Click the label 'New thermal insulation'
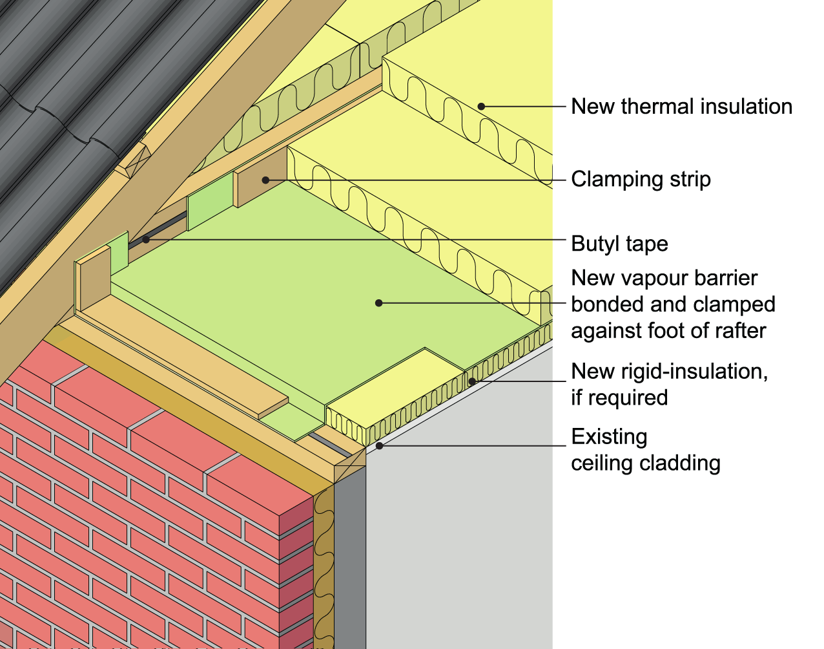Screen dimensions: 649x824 681,107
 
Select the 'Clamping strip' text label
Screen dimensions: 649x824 641,179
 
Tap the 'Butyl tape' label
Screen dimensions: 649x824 619,244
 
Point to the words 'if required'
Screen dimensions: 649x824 619,398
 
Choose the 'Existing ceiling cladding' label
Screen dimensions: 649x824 645,450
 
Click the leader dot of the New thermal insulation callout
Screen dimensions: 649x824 481,107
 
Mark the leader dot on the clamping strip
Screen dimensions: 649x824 265,180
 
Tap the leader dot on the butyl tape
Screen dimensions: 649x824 147,240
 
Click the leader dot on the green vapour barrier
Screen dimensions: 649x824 379,303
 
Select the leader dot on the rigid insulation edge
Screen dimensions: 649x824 472,381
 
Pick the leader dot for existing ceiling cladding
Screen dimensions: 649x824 380,445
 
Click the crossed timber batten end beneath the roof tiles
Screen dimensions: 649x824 133,160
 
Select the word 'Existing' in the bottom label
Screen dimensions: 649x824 609,437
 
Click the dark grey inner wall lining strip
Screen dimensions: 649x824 349,562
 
